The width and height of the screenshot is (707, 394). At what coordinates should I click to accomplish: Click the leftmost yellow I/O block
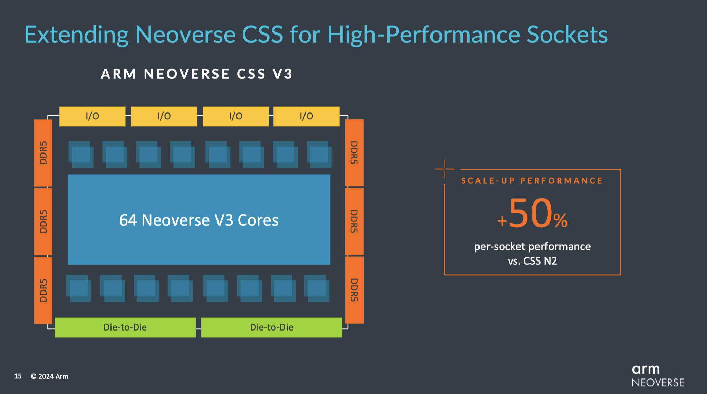tap(93, 116)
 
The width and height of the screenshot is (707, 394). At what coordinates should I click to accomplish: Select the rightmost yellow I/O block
tap(307, 116)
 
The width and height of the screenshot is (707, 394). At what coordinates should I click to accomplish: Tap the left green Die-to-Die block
tap(125, 327)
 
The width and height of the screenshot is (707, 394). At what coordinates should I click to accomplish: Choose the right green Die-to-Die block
tap(272, 327)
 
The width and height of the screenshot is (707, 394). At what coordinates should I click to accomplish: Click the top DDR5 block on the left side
tap(43, 153)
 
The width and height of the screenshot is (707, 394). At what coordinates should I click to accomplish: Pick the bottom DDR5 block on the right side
tap(354, 290)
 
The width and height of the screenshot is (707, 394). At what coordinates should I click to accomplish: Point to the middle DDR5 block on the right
tap(354, 221)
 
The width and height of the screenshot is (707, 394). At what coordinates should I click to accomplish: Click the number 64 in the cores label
tap(128, 220)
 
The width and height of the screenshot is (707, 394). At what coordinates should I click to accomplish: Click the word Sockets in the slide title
tap(567, 35)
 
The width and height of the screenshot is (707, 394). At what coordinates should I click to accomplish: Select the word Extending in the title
tap(76, 36)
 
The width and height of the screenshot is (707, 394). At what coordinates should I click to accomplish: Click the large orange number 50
tap(531, 213)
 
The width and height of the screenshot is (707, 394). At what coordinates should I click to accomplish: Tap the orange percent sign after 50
tap(561, 220)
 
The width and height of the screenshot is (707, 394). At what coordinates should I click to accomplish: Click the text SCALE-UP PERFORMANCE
tap(532, 181)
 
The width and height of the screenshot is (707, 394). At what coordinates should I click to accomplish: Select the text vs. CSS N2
tap(532, 261)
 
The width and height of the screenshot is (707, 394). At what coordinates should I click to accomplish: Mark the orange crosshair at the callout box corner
tap(445, 169)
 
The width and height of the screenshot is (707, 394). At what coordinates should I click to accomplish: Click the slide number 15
tap(18, 376)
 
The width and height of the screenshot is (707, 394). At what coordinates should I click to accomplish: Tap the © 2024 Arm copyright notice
tap(49, 376)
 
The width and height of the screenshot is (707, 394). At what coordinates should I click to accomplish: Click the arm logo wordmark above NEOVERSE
tap(646, 370)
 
